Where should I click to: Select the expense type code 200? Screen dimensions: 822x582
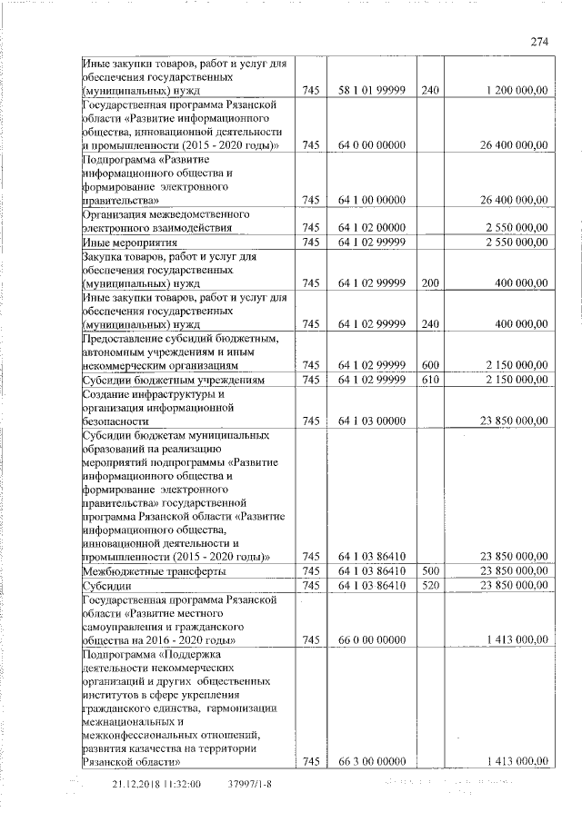[x=430, y=283]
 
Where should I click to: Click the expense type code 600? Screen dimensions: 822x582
[x=430, y=365]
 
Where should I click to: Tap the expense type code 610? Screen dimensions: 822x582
[x=430, y=379]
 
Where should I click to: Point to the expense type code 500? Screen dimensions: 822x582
[x=430, y=572]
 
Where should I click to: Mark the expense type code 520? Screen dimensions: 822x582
[x=430, y=587]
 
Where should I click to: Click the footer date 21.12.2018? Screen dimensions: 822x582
[x=136, y=783]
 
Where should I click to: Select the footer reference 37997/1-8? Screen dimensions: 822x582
[x=252, y=783]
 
